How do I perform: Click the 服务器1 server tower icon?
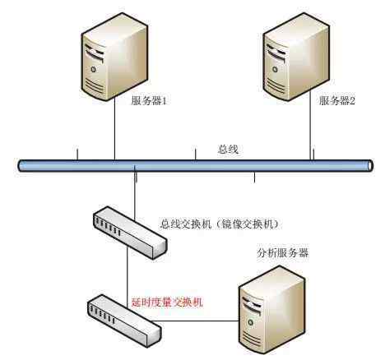(x=114, y=57)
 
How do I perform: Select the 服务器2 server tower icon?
(x=296, y=57)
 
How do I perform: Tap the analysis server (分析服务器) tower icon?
(x=271, y=310)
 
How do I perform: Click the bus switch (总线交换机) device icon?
(x=130, y=233)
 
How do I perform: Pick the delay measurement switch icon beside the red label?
(x=124, y=321)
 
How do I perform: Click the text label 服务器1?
(x=149, y=101)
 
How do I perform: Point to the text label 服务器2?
(x=336, y=101)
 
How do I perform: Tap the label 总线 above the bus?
(x=228, y=150)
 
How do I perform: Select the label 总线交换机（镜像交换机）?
(x=219, y=224)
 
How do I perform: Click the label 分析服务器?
(x=283, y=252)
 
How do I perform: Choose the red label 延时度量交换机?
(x=167, y=302)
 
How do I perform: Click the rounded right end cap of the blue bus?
(x=370, y=166)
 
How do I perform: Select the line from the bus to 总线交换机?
(x=135, y=195)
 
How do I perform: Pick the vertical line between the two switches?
(x=128, y=278)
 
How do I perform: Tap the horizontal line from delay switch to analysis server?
(x=195, y=321)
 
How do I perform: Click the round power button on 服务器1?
(x=94, y=69)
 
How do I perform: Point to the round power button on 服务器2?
(x=275, y=70)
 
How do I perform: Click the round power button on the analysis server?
(x=250, y=322)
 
